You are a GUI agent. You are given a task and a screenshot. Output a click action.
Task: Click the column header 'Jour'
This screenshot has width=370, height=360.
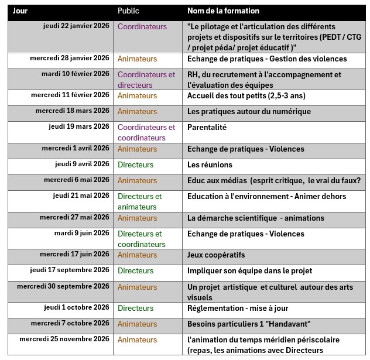(20, 11)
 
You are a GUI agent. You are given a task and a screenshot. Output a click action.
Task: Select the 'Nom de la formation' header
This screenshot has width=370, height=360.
(223, 11)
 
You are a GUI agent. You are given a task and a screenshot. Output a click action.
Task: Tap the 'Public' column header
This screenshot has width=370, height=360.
(128, 11)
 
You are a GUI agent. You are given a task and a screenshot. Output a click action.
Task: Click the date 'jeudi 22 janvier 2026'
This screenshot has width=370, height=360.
(76, 26)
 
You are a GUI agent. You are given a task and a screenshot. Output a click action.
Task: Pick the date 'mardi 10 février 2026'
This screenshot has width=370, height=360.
(75, 74)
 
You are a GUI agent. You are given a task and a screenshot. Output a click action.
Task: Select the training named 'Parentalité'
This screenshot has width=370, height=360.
(207, 127)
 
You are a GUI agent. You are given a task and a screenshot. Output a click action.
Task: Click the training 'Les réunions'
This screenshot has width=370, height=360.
(210, 164)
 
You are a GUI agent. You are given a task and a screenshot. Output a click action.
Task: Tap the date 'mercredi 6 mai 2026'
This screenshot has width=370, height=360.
(76, 180)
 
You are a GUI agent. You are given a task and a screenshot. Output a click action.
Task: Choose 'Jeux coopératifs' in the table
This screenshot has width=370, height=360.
(216, 255)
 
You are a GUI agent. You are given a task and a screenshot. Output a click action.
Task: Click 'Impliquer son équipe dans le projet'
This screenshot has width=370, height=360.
(249, 270)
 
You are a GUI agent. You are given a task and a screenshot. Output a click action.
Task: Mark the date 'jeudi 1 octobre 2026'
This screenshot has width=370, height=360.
(76, 308)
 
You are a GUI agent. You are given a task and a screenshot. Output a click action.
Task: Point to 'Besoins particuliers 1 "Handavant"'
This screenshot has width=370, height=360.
(248, 323)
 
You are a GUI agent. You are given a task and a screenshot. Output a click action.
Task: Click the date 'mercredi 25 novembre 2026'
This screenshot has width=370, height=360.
(64, 339)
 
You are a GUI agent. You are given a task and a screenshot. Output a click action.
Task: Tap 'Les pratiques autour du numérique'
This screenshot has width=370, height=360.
(249, 111)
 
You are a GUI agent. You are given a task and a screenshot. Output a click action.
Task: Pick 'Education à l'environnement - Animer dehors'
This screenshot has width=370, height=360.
(267, 196)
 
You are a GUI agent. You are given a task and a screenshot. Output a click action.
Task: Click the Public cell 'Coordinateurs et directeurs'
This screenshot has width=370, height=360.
(146, 80)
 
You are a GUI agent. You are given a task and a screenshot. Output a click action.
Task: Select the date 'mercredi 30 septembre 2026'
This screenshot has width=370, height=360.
(63, 286)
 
